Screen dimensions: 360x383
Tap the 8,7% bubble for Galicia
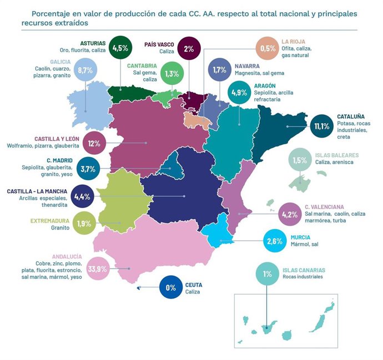[85, 71]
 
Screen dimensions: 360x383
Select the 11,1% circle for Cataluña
[321, 126]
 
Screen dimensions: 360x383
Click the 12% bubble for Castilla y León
[93, 143]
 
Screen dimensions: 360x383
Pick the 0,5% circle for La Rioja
[268, 49]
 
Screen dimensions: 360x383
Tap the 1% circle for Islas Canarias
[267, 274]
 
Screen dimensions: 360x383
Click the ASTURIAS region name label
[93, 43]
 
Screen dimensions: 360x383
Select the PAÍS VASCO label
[159, 44]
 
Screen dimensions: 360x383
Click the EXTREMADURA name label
[50, 221]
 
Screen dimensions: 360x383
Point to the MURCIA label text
[300, 237]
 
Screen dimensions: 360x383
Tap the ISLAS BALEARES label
[336, 155]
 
